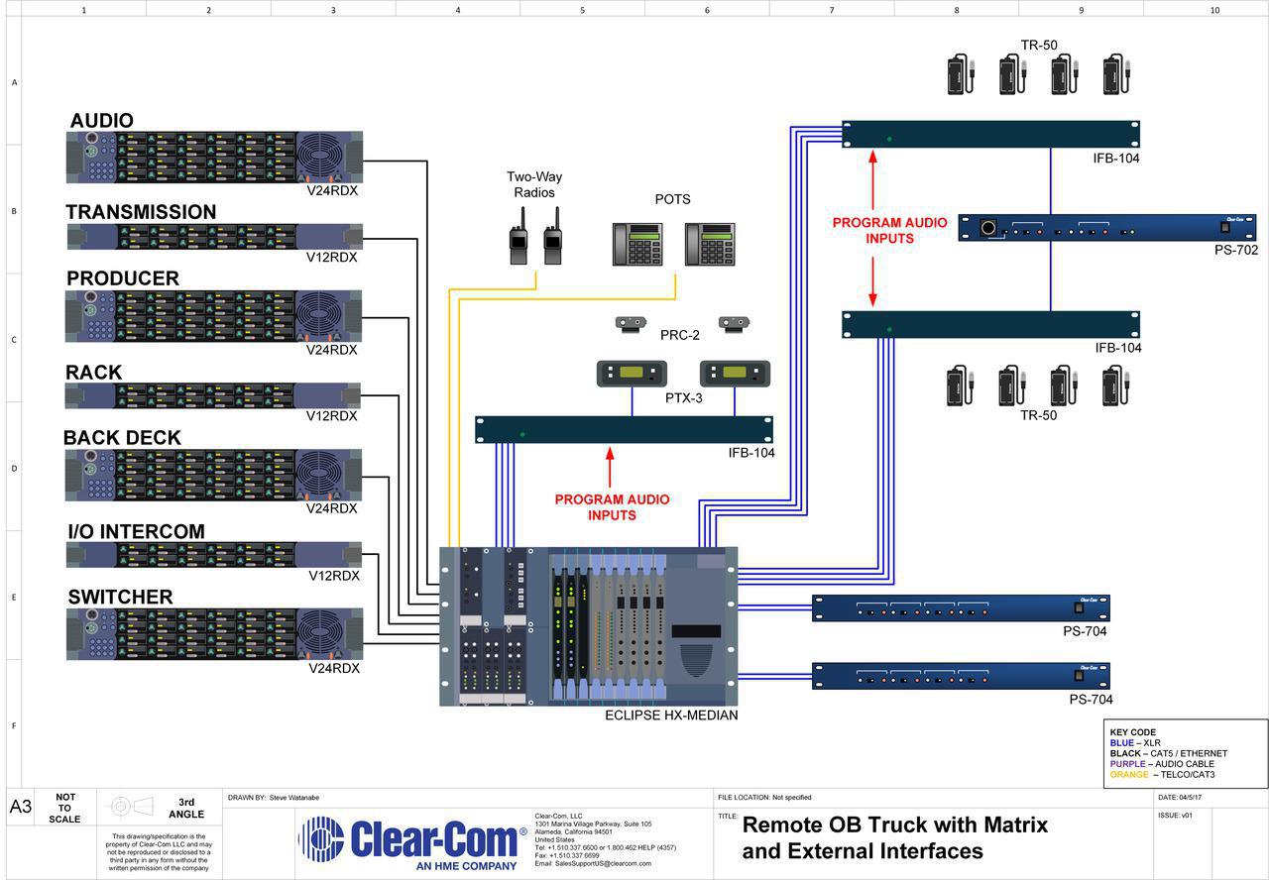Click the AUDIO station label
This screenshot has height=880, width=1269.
101,121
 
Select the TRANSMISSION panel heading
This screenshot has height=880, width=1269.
141,212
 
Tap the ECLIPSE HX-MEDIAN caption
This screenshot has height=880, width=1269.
671,715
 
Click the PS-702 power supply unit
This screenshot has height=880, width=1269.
1106,228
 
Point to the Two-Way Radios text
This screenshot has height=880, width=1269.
534,184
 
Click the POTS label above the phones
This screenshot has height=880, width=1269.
672,199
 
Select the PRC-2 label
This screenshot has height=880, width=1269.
680,336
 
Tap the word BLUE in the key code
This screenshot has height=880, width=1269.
1121,742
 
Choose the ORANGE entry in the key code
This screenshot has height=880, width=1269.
1129,775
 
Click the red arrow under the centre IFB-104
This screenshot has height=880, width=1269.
610,465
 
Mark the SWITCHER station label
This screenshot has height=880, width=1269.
120,597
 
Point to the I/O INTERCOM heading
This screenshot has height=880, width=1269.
136,532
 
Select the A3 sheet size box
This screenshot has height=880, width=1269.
21,807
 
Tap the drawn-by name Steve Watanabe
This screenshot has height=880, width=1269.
294,797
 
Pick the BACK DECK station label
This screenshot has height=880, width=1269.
122,438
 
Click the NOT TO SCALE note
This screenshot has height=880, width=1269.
65,808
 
